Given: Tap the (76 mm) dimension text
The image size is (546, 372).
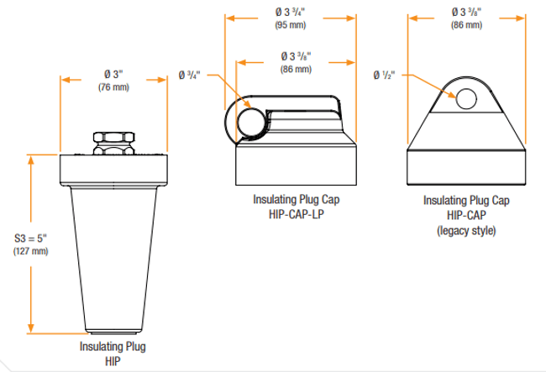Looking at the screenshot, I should [112, 87].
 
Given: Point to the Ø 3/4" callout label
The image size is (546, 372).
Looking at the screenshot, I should [189, 76].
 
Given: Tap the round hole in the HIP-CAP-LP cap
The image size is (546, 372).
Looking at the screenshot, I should [249, 121].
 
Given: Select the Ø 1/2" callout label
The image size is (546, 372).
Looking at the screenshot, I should [384, 76].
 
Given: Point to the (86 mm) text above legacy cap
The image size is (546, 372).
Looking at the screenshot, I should [467, 25].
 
